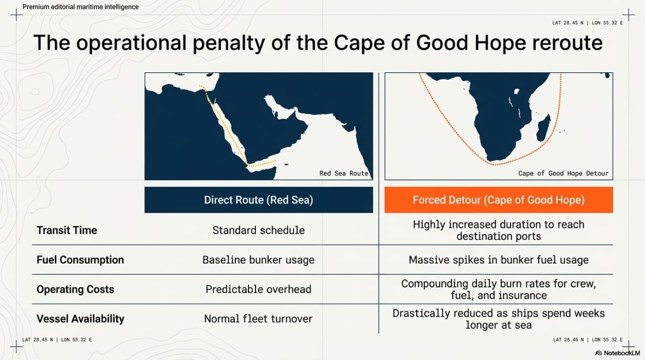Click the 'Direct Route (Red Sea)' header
[x=259, y=200]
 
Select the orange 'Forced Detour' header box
[x=499, y=200]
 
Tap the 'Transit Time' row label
[x=67, y=230]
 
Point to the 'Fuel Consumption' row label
[x=80, y=260]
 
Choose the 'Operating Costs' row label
[x=76, y=289]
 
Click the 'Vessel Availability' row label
[x=80, y=319]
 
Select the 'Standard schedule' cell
[x=259, y=230]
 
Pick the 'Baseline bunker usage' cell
[x=259, y=260]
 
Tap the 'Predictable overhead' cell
[x=259, y=289]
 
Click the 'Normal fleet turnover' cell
[x=259, y=319]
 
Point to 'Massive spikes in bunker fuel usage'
[x=499, y=260]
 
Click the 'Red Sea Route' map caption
[x=344, y=173]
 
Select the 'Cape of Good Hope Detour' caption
[x=563, y=173]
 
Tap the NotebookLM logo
[x=618, y=353]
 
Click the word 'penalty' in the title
[x=229, y=43]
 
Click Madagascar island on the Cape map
[x=544, y=128]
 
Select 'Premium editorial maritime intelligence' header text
[x=81, y=7]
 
